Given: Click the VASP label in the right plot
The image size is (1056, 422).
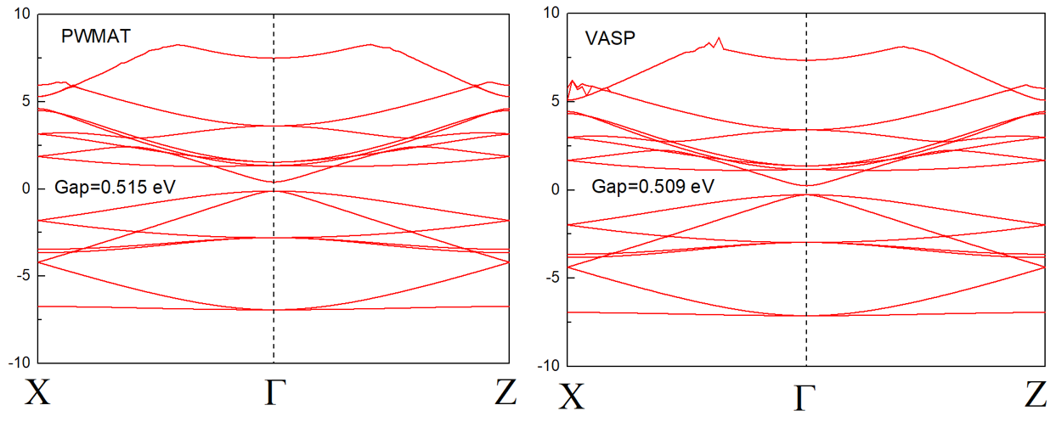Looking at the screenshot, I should click(605, 38).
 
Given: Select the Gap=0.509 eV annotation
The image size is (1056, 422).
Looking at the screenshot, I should click(652, 186).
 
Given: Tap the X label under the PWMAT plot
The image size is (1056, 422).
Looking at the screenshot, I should click(37, 392).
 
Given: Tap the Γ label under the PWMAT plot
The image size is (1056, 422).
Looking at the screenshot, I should click(273, 392).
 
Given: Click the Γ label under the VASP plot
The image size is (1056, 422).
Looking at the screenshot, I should click(805, 396).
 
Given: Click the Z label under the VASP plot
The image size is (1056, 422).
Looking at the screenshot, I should click(1036, 395).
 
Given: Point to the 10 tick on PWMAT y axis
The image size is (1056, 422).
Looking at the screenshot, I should click(21, 14).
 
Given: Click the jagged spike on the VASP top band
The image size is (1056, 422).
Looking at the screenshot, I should click(719, 40).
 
